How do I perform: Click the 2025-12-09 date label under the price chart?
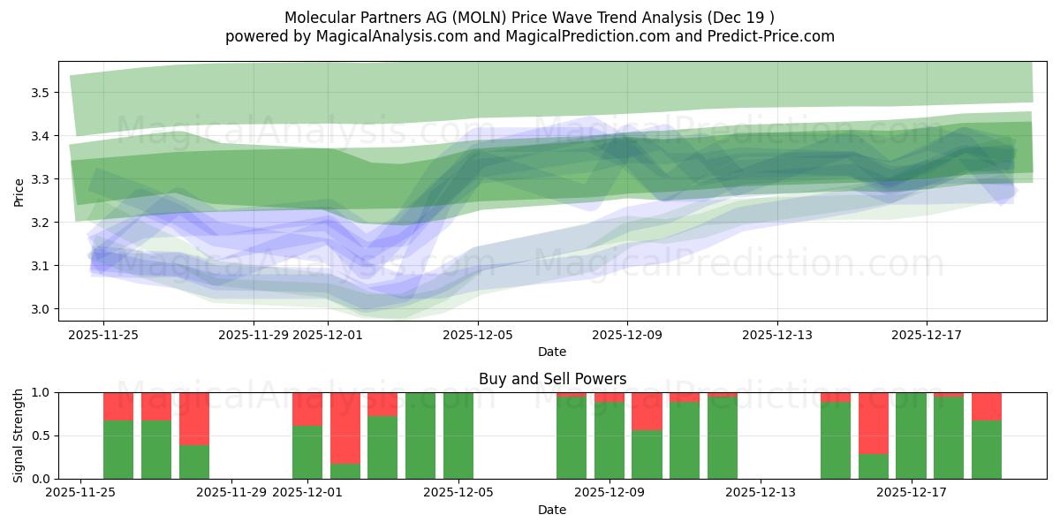pos(627,335)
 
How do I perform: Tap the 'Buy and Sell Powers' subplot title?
pos(552,379)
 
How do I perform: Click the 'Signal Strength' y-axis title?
pos(19,435)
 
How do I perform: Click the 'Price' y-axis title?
pos(19,192)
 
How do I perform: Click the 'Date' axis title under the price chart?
pos(552,352)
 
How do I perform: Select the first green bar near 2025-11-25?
pos(118,450)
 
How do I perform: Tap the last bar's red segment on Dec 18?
pos(987,406)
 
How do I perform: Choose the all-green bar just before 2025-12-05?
pos(420,435)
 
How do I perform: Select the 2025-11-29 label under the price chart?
pos(254,335)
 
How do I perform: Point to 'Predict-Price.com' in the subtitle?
pos(776,36)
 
